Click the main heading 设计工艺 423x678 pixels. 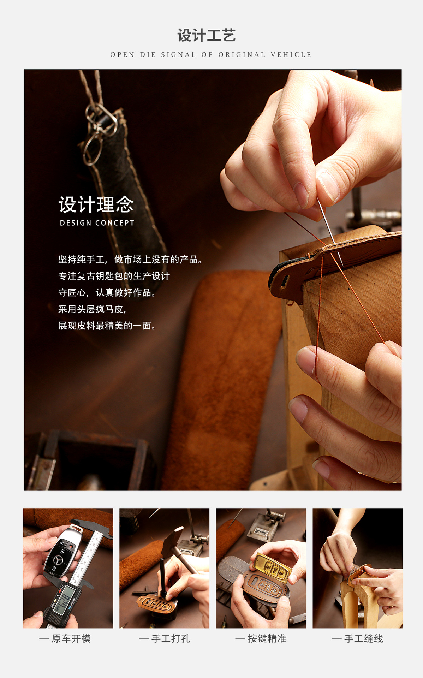pos(207,36)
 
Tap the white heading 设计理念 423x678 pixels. pos(96,205)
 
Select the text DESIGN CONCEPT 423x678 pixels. pos(97,223)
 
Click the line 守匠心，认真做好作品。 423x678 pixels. pos(107,292)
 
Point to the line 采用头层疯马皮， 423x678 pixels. pos(92,309)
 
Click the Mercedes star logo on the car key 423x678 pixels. pos(58,560)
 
